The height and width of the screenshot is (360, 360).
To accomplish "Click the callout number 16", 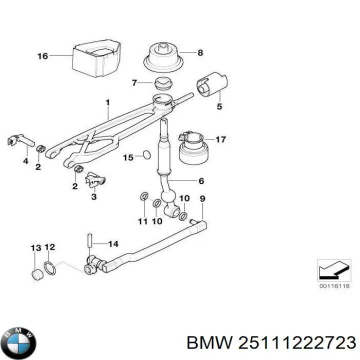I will (x=42, y=56).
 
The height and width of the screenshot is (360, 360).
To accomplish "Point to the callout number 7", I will (x=134, y=82).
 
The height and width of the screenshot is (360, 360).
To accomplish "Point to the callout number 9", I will (x=202, y=198).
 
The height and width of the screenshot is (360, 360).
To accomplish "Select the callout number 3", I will (x=93, y=197).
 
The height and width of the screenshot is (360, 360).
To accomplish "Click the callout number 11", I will (x=142, y=220).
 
